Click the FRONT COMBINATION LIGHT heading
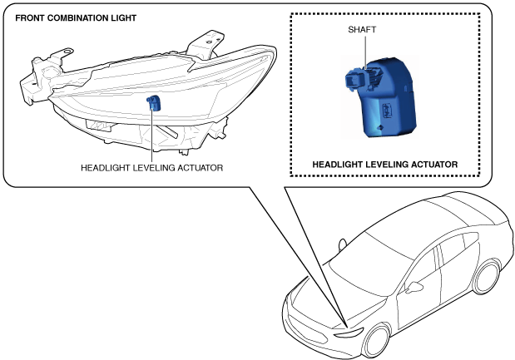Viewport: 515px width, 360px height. [x=65, y=17]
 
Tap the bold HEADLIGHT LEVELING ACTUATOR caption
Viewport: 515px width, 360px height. [x=384, y=165]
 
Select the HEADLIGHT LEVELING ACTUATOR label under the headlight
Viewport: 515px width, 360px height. [x=151, y=167]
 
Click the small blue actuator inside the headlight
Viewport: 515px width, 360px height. [x=152, y=102]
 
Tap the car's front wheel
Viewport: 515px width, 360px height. [x=378, y=342]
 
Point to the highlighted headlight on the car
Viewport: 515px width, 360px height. [x=350, y=332]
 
